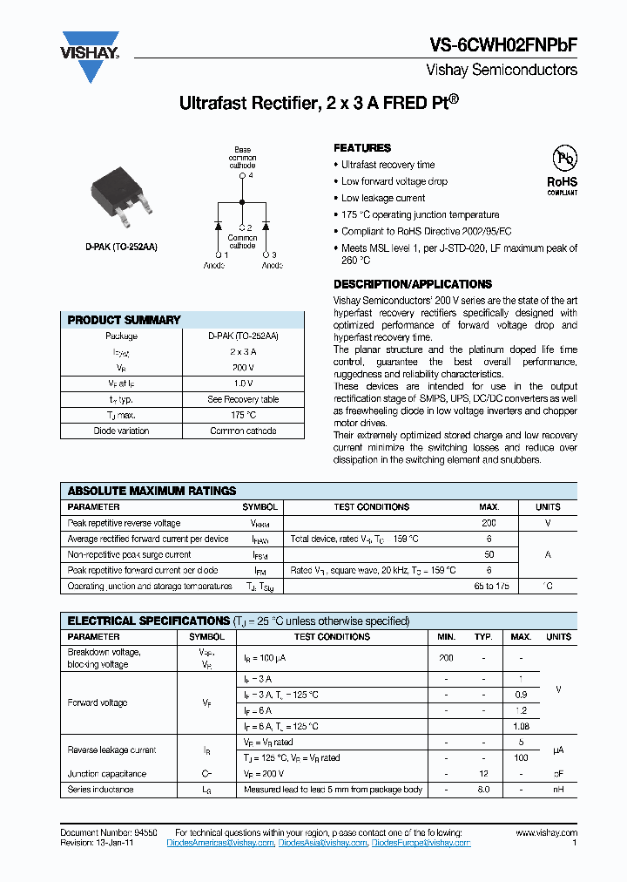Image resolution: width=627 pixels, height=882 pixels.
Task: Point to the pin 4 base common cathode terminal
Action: [243, 175]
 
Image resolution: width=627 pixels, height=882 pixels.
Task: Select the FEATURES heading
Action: [362, 148]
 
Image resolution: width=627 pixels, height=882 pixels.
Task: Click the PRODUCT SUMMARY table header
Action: [124, 320]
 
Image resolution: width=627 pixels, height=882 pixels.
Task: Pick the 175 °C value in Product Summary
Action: [243, 415]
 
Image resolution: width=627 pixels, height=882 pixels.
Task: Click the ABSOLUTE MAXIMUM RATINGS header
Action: [152, 491]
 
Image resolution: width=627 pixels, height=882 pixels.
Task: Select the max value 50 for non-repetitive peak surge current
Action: [489, 554]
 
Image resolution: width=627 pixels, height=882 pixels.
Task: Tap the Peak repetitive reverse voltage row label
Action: [124, 523]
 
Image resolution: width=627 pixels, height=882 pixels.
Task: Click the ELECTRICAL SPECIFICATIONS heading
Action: [149, 621]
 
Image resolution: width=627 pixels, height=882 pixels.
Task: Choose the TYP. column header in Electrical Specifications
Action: [483, 637]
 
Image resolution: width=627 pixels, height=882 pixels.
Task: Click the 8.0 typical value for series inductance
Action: [483, 790]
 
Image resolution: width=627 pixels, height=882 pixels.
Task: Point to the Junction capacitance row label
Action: [107, 774]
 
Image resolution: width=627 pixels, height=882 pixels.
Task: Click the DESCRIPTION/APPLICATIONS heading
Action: [412, 284]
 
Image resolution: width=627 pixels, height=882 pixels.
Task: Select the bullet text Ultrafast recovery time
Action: [388, 165]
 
